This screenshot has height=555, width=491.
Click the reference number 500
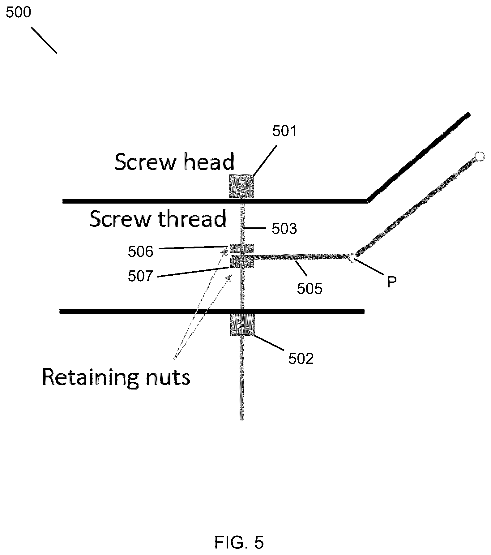[x=19, y=13]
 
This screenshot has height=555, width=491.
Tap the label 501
[x=284, y=131]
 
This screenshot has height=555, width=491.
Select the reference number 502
[x=301, y=359]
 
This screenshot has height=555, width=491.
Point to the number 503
[x=284, y=229]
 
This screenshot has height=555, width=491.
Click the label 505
[x=310, y=289]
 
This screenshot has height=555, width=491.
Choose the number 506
[x=141, y=252]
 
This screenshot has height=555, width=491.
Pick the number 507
[x=141, y=276]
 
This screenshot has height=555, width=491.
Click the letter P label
[x=392, y=282]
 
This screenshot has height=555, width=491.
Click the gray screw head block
[x=241, y=186]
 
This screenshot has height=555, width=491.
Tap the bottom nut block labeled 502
[x=242, y=324]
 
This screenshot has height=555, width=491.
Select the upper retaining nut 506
[x=242, y=248]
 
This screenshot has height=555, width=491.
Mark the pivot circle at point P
[x=353, y=258]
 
